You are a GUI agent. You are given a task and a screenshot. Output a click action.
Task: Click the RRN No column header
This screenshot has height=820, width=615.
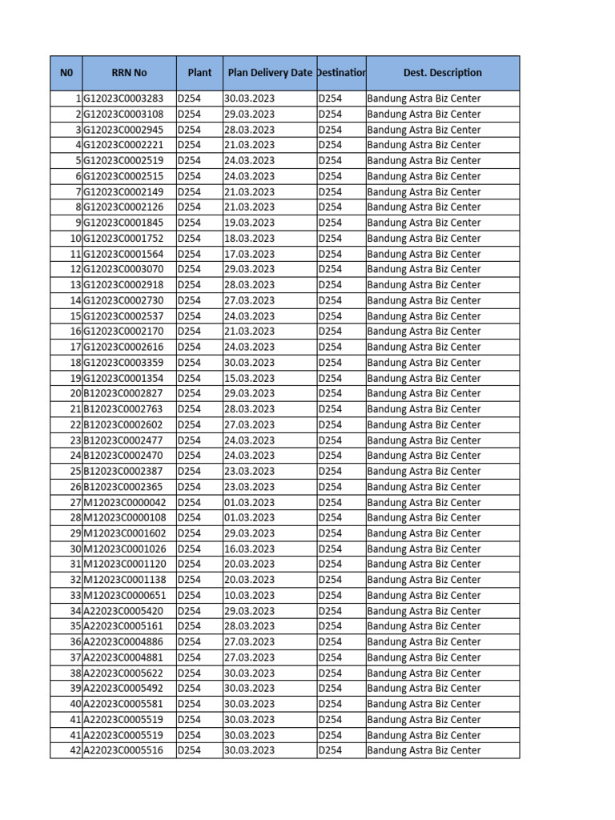click(129, 73)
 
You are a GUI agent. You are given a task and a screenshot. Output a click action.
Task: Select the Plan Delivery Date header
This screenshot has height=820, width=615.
click(270, 73)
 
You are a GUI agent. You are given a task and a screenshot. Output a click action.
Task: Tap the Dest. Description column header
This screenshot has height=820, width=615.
click(442, 73)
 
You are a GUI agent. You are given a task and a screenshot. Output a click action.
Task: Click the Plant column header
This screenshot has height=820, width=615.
click(199, 73)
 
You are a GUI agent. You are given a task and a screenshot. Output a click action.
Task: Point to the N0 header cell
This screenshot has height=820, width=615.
click(66, 73)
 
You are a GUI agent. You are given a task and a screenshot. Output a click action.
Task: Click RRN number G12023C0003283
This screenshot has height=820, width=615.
click(123, 98)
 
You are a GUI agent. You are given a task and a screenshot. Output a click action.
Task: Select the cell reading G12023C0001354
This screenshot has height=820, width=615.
click(123, 378)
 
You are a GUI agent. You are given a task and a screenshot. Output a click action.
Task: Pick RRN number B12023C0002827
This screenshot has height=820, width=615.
click(123, 393)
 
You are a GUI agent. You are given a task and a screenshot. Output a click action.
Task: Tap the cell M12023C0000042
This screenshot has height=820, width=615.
click(125, 502)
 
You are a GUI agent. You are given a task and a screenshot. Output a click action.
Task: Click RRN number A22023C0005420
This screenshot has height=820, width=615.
click(123, 611)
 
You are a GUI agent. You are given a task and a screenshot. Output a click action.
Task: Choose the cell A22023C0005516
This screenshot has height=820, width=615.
click(123, 750)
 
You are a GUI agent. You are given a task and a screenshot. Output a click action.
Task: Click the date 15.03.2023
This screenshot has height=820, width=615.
click(250, 378)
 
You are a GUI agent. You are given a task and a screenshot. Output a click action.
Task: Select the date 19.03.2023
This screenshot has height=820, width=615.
click(250, 223)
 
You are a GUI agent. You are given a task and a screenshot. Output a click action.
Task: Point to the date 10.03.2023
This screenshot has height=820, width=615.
click(250, 595)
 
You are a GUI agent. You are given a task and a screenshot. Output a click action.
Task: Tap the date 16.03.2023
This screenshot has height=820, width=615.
click(250, 549)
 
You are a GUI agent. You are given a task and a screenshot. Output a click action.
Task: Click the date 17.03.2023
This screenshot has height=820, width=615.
click(250, 254)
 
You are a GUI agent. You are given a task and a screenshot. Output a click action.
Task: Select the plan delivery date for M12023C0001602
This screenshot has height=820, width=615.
click(250, 533)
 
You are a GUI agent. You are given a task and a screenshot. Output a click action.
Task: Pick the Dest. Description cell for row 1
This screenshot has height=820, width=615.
click(424, 98)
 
